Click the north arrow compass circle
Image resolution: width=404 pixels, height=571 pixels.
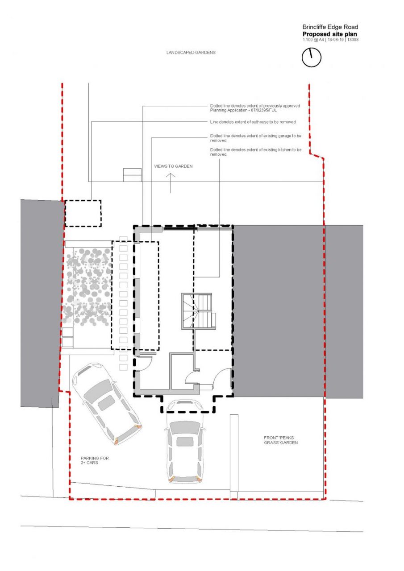302,58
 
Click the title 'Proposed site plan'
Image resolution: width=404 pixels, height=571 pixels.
329,34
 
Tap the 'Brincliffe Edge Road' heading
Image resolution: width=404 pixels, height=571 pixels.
330,27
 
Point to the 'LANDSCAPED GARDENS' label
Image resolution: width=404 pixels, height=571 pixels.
191,53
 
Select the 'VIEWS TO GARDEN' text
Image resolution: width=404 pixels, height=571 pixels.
173,166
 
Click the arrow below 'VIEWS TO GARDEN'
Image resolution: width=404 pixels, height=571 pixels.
171,183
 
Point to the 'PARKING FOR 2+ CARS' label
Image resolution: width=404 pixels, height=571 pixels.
95,460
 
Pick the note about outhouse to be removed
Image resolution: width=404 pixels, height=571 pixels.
253,122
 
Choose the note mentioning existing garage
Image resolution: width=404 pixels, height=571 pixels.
255,138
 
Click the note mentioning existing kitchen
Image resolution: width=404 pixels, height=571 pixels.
255,152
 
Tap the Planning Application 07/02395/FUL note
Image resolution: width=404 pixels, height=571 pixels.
255,108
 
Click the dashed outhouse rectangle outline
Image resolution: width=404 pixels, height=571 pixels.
65,213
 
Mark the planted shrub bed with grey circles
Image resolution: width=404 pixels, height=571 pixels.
88,287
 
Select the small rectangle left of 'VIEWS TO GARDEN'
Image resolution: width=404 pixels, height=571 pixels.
133,175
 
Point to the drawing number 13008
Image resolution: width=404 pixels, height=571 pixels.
353,40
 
